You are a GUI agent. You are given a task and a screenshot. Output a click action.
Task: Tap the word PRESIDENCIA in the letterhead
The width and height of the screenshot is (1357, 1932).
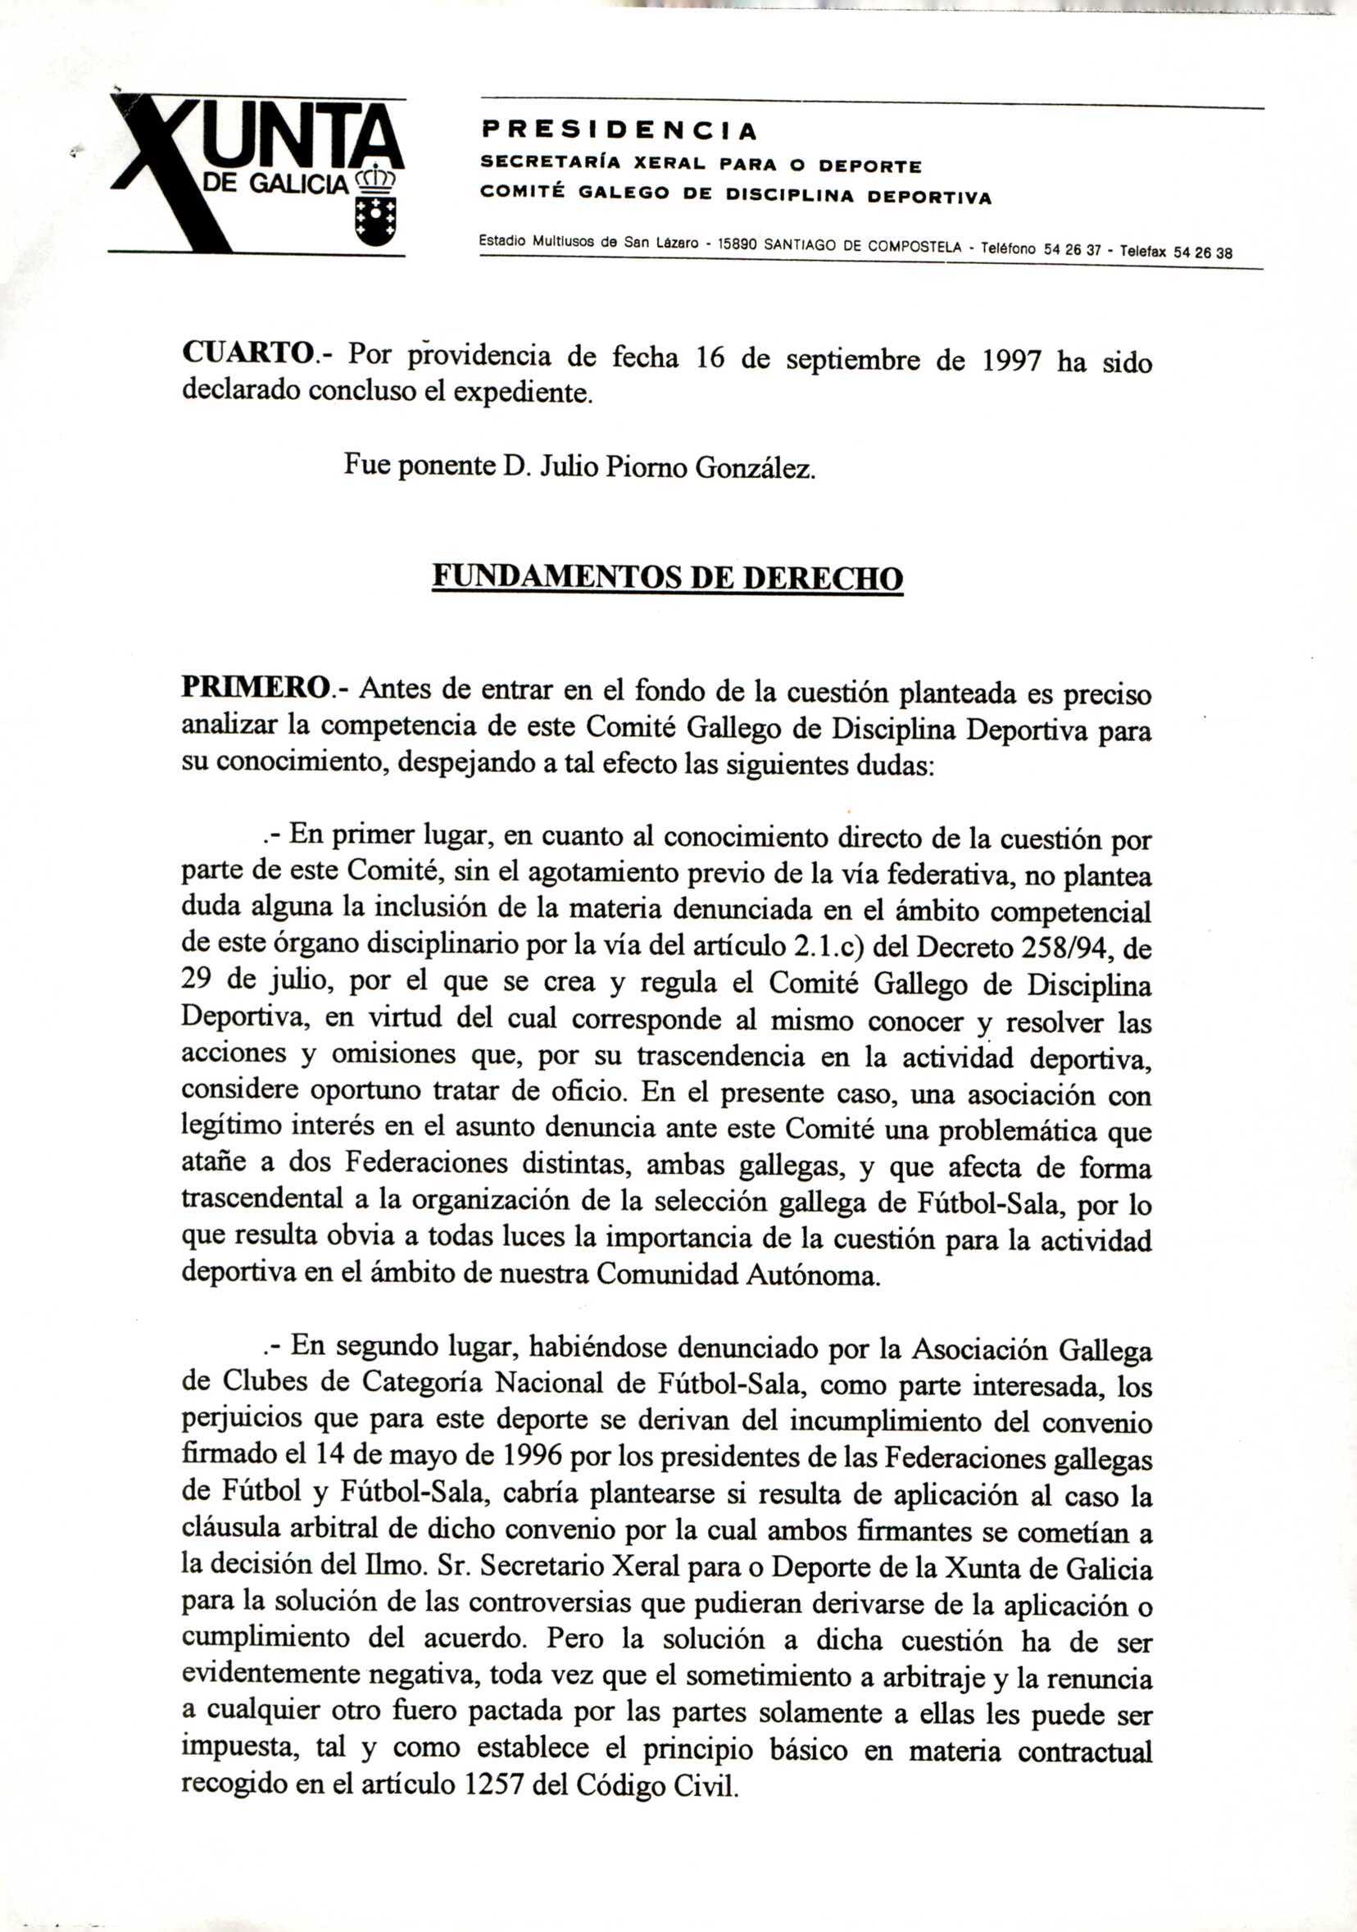(619, 130)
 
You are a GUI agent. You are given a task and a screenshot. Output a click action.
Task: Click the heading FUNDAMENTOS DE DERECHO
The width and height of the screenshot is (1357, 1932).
(666, 577)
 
